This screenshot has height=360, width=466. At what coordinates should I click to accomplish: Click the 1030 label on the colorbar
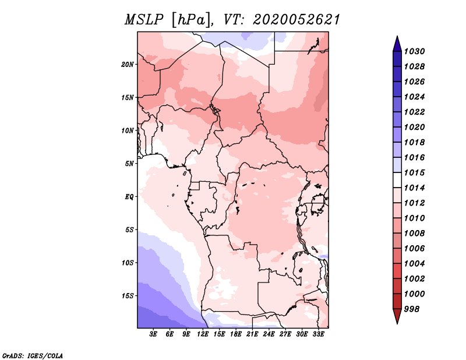coord(414,51)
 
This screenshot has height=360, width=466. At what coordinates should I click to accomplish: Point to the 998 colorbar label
coord(412,309)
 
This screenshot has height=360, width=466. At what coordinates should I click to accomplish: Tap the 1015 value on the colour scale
coord(414,172)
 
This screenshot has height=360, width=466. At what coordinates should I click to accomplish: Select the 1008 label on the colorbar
coord(414,234)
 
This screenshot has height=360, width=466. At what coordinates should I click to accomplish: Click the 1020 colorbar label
coord(414,127)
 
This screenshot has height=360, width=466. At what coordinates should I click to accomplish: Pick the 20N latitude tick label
coord(128,65)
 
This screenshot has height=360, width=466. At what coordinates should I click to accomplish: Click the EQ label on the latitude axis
coord(129,197)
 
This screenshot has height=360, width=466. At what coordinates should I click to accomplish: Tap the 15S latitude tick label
coord(128,296)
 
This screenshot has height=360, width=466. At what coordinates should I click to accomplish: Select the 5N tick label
coord(129,164)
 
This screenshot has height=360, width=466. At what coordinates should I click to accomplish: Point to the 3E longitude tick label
coord(153,334)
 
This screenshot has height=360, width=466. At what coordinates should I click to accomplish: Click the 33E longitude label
coord(318,334)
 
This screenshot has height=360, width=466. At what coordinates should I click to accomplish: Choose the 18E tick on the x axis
coord(236,334)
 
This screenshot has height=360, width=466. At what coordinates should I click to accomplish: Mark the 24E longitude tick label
coord(269,334)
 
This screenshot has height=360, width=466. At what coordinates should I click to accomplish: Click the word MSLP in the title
coord(144,20)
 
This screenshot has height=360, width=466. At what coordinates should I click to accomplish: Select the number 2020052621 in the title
coord(296,20)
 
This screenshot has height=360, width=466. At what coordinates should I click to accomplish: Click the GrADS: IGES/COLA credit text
coord(33,356)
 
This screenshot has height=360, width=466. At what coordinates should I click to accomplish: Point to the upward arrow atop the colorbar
coord(397,45)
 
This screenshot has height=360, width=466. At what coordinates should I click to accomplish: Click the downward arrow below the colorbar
coord(397,316)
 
